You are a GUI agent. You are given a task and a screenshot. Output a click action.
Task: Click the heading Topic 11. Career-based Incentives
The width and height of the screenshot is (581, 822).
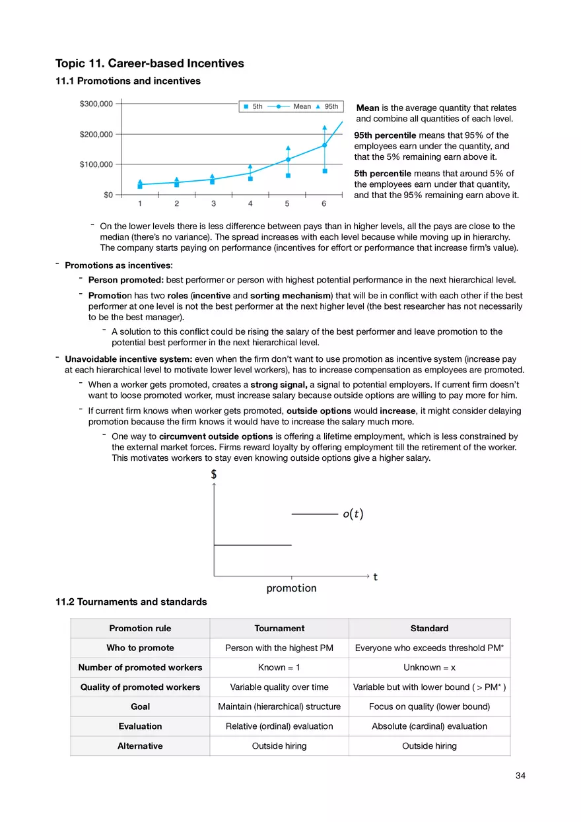150,63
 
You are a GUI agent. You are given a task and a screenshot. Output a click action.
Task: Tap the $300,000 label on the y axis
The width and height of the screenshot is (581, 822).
96,104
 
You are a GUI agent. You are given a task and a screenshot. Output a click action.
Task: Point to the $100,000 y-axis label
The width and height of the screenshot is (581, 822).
96,164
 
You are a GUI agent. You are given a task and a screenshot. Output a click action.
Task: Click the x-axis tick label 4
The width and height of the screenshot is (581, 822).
250,203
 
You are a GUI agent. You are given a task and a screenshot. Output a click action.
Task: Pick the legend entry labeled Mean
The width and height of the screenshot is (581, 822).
302,106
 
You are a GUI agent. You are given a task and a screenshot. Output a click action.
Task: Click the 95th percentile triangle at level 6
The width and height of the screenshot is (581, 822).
324,127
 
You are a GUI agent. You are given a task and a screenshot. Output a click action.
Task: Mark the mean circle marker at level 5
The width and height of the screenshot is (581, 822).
288,159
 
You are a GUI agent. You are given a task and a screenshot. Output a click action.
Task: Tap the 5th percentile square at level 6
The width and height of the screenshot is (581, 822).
324,171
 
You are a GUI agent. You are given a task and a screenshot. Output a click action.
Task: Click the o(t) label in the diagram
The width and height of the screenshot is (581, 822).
353,514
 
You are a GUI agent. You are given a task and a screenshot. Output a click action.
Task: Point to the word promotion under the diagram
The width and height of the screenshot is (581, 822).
291,588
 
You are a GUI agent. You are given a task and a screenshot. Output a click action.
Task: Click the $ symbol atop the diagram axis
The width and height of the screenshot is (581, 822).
213,474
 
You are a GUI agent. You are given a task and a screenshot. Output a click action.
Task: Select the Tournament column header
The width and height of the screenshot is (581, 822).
279,629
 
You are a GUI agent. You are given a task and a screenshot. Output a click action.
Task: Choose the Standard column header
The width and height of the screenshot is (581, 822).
429,629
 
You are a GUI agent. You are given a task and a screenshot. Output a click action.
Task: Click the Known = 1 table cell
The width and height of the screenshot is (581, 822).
279,668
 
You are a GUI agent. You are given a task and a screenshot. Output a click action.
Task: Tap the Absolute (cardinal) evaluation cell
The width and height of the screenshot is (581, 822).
429,726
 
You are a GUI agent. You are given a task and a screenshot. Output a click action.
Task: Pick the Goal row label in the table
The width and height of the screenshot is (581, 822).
140,706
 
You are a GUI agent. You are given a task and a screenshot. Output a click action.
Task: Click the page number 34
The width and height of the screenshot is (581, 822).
520,776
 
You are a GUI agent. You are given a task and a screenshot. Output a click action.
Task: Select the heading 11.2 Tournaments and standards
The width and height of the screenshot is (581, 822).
131,601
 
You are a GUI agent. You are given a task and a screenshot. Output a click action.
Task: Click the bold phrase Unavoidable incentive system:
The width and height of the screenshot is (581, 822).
128,359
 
